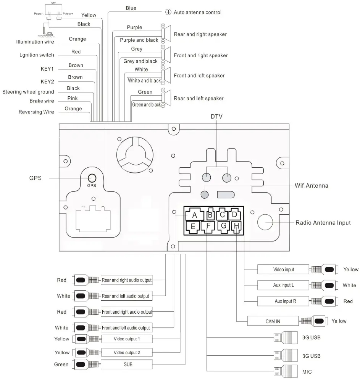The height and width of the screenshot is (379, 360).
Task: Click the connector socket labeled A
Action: tap(194, 215)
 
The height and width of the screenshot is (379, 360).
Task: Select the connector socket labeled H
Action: tap(236, 226)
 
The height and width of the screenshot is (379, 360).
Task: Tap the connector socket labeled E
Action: tap(193, 226)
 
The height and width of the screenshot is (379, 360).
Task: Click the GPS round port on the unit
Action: tap(92, 178)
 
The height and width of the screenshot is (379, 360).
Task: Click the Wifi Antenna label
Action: tap(311, 186)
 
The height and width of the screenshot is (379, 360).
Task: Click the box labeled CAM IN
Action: tap(273, 321)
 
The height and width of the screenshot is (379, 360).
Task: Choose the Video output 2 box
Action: tap(127, 352)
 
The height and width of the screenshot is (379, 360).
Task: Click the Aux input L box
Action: tap(284, 285)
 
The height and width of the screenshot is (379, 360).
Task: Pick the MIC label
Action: tap(307, 371)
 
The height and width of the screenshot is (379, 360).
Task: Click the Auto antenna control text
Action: tap(197, 12)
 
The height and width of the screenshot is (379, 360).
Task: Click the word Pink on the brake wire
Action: tap(73, 98)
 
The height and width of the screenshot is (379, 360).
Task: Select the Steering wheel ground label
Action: tap(28, 92)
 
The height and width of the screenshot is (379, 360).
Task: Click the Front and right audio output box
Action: tap(127, 312)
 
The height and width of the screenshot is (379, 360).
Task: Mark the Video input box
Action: tap(284, 269)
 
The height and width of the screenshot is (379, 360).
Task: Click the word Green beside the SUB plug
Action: tap(61, 364)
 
